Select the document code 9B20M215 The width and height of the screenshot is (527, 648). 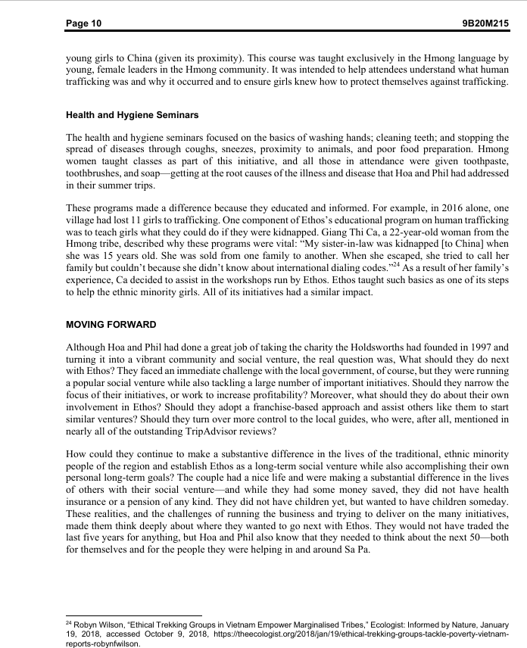point(485,23)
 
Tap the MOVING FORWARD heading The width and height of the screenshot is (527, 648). point(111,325)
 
